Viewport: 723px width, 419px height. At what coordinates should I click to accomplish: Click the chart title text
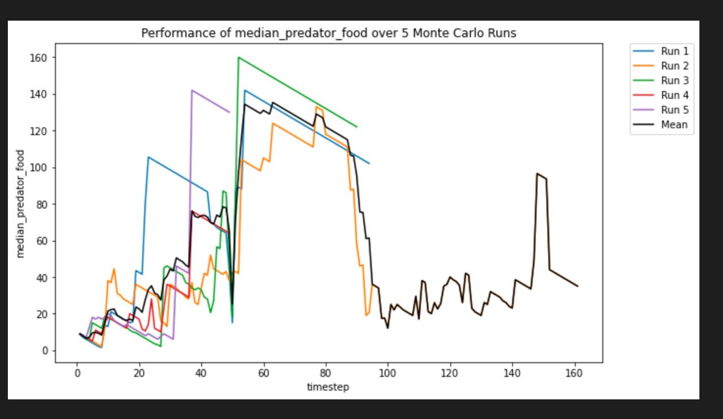(x=328, y=33)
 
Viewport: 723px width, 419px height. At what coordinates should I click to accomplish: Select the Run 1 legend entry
(x=674, y=51)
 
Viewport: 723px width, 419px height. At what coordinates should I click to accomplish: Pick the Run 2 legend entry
(x=674, y=66)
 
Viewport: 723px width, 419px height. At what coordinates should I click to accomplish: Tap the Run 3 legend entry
(x=674, y=81)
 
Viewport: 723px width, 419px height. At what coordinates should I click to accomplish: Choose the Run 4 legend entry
(x=674, y=95)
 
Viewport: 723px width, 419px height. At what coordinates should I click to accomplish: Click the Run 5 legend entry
(x=674, y=110)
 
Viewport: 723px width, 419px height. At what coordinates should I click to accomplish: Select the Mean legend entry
(x=674, y=125)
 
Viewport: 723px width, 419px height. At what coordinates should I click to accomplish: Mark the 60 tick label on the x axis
(x=264, y=373)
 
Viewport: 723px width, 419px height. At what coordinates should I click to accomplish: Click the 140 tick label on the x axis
(x=512, y=373)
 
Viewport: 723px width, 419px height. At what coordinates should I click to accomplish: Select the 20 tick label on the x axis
(x=140, y=373)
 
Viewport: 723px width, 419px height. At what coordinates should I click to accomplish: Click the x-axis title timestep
(x=328, y=387)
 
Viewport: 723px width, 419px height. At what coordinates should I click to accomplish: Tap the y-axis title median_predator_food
(x=21, y=204)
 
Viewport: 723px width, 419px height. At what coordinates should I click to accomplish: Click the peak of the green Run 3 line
(x=238, y=58)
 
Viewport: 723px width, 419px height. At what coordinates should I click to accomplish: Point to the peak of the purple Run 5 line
(x=192, y=90)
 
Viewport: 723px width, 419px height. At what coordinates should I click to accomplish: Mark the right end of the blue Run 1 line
(x=369, y=164)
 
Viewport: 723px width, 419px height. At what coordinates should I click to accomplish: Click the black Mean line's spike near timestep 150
(x=537, y=174)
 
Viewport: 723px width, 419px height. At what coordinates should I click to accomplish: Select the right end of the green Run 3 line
(x=356, y=127)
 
